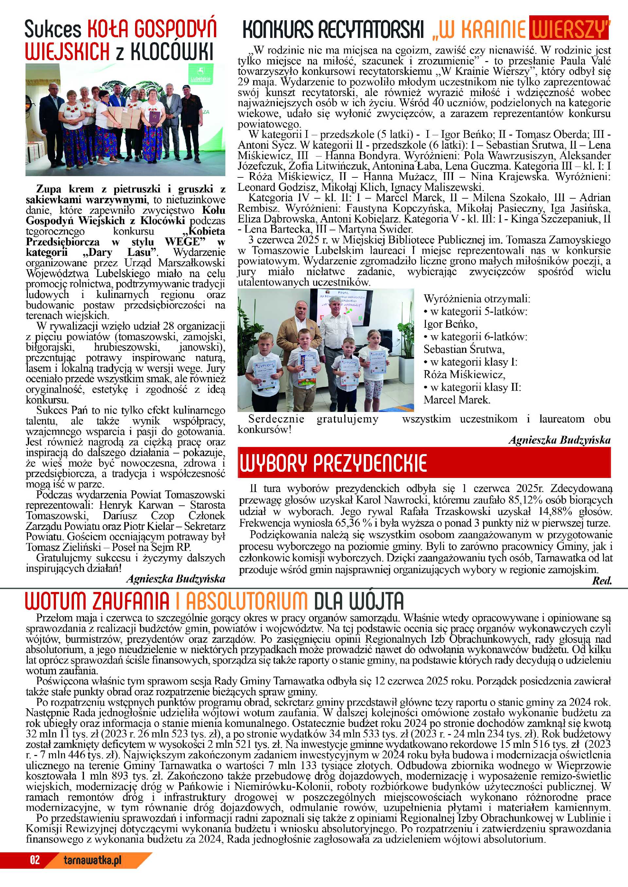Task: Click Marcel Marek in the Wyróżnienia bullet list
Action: coord(457,400)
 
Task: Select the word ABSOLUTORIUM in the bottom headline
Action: coord(246,601)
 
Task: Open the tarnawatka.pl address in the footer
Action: coord(93,860)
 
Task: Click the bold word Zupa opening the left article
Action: coord(48,189)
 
